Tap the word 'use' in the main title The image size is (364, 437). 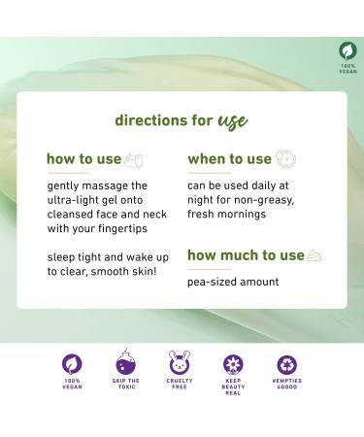click(230, 122)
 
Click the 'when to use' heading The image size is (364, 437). click(229, 159)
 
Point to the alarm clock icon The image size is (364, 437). click(286, 159)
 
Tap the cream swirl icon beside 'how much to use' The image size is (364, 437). click(314, 255)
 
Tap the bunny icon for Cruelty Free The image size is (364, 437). click(179, 364)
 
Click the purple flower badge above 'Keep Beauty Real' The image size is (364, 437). click(233, 364)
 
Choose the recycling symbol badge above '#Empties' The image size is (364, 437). click(287, 364)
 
